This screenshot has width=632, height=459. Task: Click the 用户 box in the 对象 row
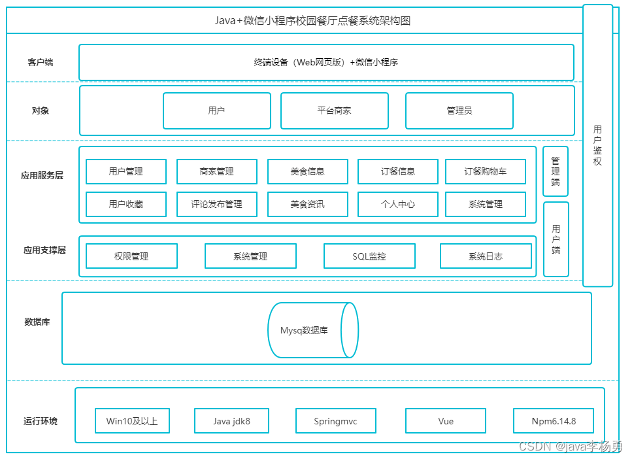coord(217,111)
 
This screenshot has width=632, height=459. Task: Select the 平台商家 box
coord(335,111)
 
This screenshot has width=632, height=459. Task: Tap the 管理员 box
coord(459,111)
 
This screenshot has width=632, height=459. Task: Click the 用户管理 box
coord(126,172)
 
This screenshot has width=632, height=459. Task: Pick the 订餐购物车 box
coord(486,172)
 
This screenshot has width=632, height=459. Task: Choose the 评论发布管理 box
coord(217,205)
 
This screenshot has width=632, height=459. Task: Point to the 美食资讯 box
coord(308,205)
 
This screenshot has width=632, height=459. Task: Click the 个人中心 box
coord(398,205)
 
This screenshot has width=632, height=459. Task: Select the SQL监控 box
coord(370,256)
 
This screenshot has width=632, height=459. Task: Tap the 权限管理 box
coord(132,256)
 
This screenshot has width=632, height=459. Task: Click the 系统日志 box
coord(486,256)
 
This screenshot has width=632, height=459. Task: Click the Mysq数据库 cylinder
coord(313,330)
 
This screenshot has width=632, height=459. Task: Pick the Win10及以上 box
coord(132,421)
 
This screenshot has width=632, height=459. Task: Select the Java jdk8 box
coord(232,421)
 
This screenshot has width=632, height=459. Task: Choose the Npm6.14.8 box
coord(554,421)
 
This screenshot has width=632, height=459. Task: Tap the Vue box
coord(446,421)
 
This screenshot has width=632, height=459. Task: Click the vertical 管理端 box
coord(556,171)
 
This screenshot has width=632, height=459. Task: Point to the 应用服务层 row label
coord(42,175)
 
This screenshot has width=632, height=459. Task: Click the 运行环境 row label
coord(41,421)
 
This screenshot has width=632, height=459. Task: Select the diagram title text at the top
coord(312,20)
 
